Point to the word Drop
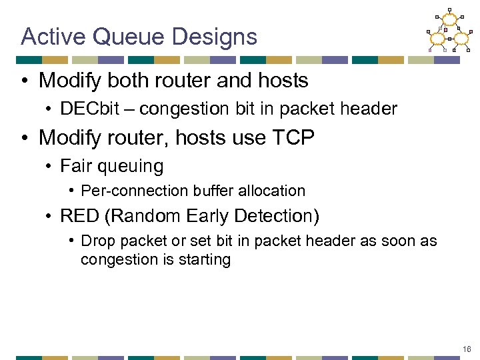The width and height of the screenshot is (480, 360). click(x=97, y=241)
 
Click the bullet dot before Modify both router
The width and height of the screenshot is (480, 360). click(x=25, y=81)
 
